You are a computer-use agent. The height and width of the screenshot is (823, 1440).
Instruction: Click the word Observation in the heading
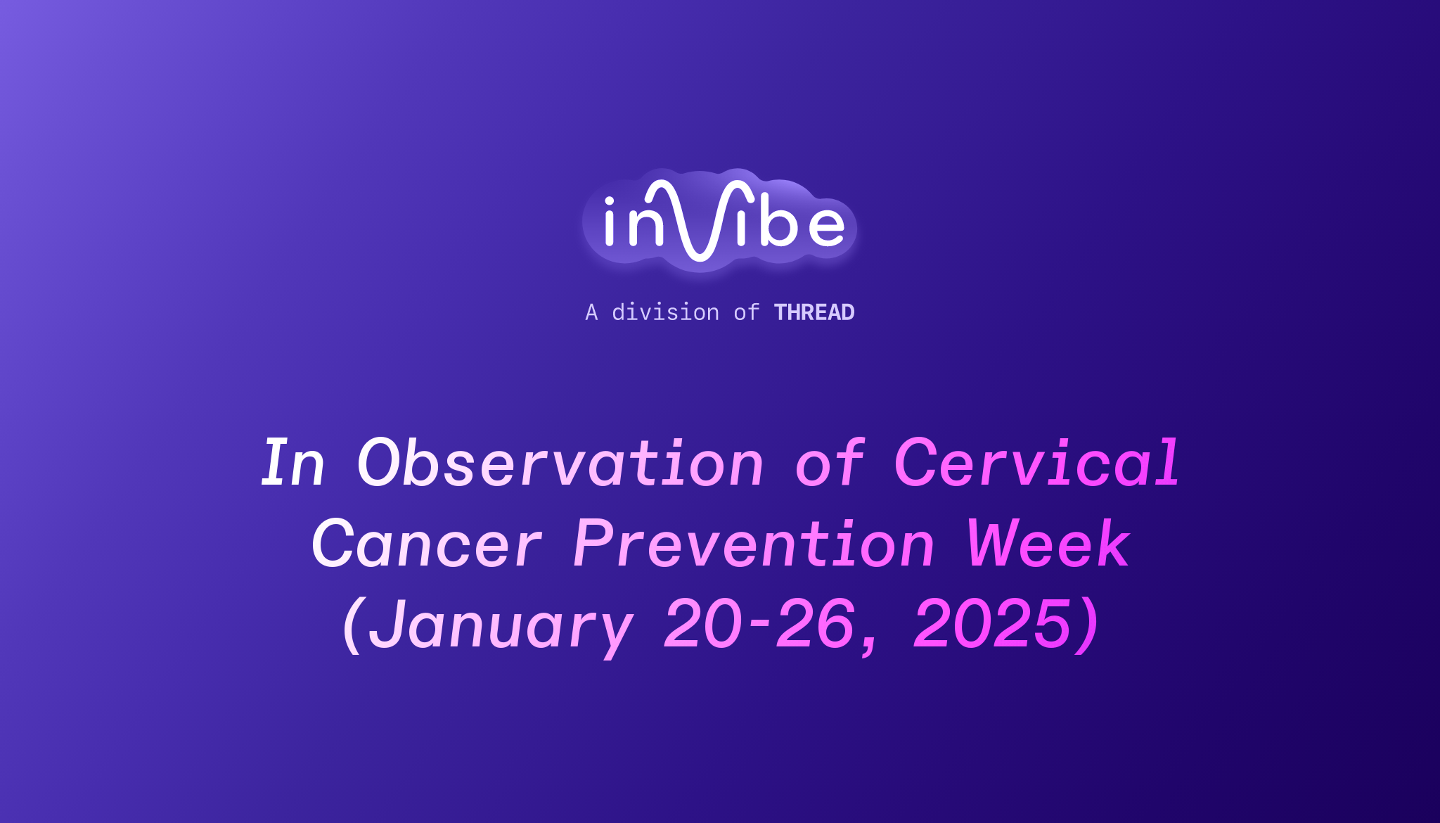(560, 463)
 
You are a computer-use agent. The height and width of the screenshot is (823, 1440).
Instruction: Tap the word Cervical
(1036, 463)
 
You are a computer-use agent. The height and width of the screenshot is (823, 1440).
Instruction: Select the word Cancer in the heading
(427, 544)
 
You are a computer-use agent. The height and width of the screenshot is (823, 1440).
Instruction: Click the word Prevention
(754, 544)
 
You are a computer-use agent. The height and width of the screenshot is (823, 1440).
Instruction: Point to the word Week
(1048, 544)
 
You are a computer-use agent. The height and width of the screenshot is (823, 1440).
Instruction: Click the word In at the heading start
(293, 463)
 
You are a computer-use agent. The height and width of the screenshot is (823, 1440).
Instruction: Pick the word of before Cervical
(829, 463)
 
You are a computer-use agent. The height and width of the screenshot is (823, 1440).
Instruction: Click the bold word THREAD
(814, 312)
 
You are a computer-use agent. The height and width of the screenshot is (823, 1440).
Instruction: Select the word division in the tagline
(665, 312)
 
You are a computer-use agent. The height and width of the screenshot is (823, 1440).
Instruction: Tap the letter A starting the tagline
(591, 312)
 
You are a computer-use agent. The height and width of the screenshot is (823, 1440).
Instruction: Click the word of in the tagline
(746, 312)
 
